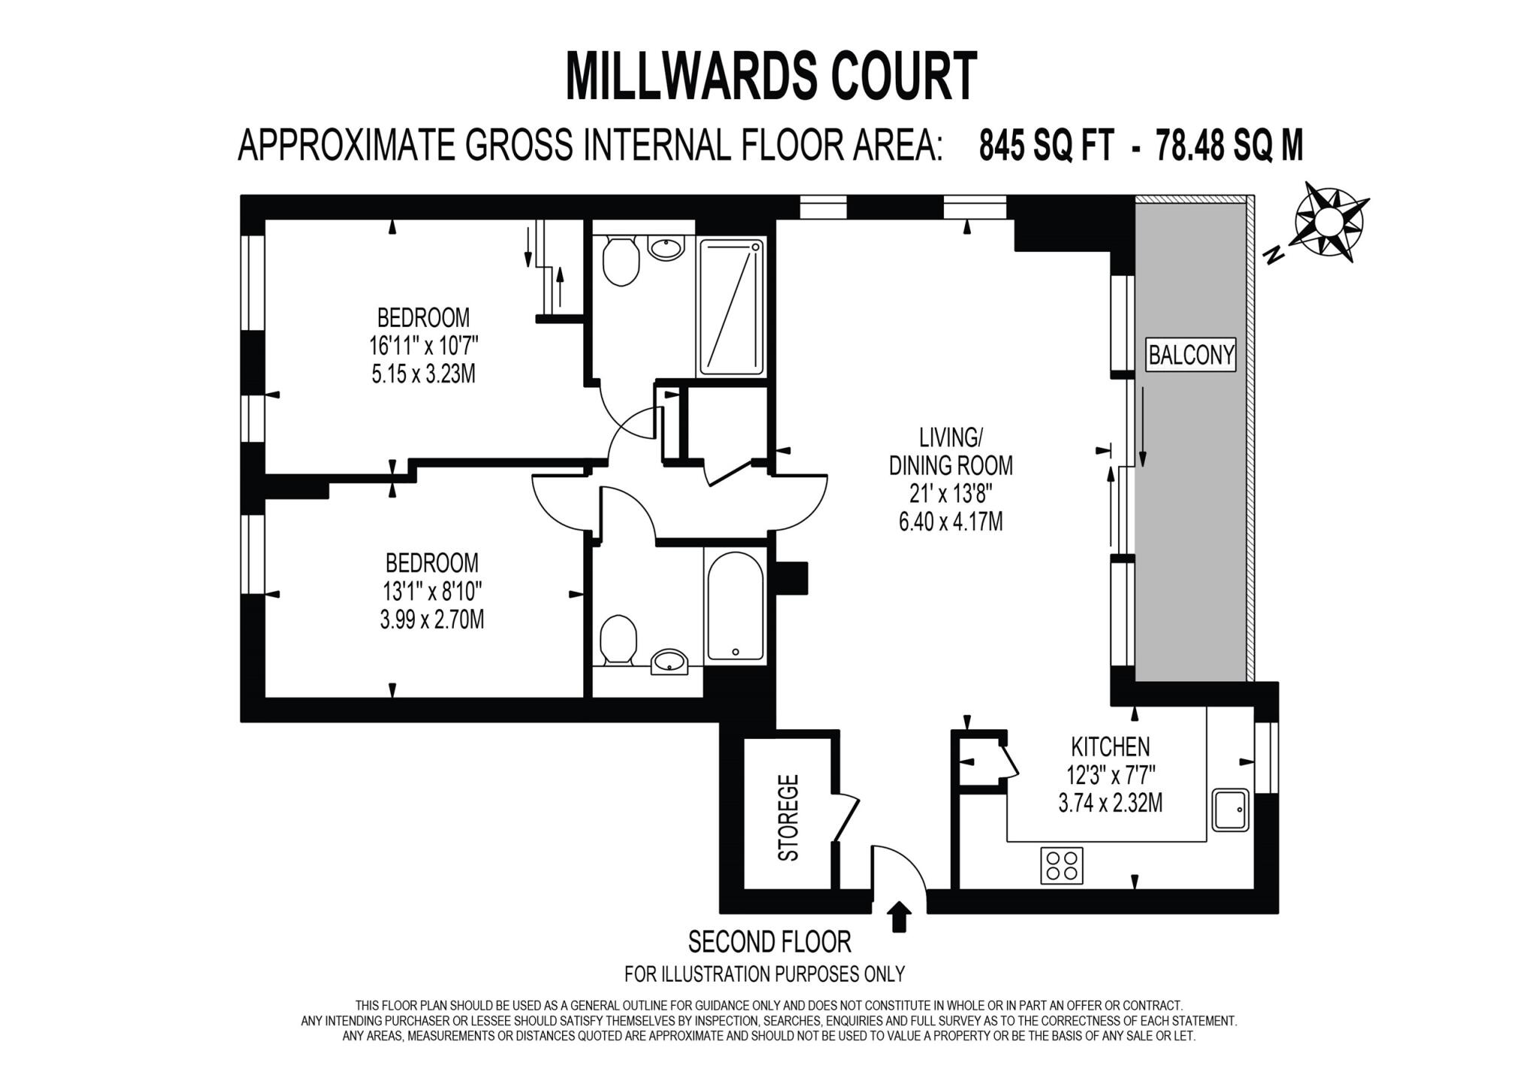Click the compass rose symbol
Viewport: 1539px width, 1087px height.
pos(1328,222)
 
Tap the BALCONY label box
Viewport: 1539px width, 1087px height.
pos(1191,354)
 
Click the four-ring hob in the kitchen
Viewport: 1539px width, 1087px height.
pos(1061,864)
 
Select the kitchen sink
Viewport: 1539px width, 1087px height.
pos(1230,810)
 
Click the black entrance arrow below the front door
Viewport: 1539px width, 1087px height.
pos(899,917)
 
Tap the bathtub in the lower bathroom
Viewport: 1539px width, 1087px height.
pos(735,606)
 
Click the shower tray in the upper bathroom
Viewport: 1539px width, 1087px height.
pos(731,307)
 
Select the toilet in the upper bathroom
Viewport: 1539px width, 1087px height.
pos(620,261)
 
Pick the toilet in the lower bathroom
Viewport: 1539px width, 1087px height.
pos(618,638)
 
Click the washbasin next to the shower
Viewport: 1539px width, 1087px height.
pos(666,247)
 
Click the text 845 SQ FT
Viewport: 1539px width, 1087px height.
pos(1045,145)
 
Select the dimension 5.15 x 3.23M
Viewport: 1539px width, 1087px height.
pos(423,374)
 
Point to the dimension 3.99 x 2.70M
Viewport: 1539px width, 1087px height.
pos(431,619)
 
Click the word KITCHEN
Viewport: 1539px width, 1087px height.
pos(1110,746)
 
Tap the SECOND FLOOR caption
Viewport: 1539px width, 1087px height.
pos(769,941)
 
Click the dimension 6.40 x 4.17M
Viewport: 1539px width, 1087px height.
pos(950,521)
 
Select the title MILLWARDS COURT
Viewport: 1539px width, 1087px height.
pos(770,76)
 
